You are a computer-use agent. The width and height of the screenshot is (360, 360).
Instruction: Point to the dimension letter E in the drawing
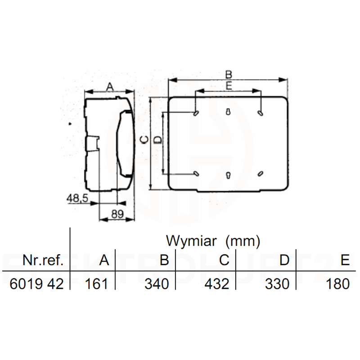tap(229, 86)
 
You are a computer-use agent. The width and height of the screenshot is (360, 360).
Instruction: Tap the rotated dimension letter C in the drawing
tap(144, 140)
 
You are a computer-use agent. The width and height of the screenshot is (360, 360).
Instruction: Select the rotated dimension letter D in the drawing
tap(157, 140)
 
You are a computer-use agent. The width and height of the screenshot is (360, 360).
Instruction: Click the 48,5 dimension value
tap(77, 198)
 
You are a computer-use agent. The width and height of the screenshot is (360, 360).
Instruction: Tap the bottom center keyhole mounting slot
tap(228, 175)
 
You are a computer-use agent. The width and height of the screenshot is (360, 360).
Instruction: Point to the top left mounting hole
tap(196, 113)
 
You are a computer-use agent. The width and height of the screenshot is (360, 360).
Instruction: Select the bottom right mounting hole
tap(261, 174)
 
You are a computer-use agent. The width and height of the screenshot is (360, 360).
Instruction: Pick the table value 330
tap(278, 284)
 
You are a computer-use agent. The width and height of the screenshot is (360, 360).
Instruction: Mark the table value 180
tap(337, 284)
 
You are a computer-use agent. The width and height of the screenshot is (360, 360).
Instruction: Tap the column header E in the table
tap(345, 260)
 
